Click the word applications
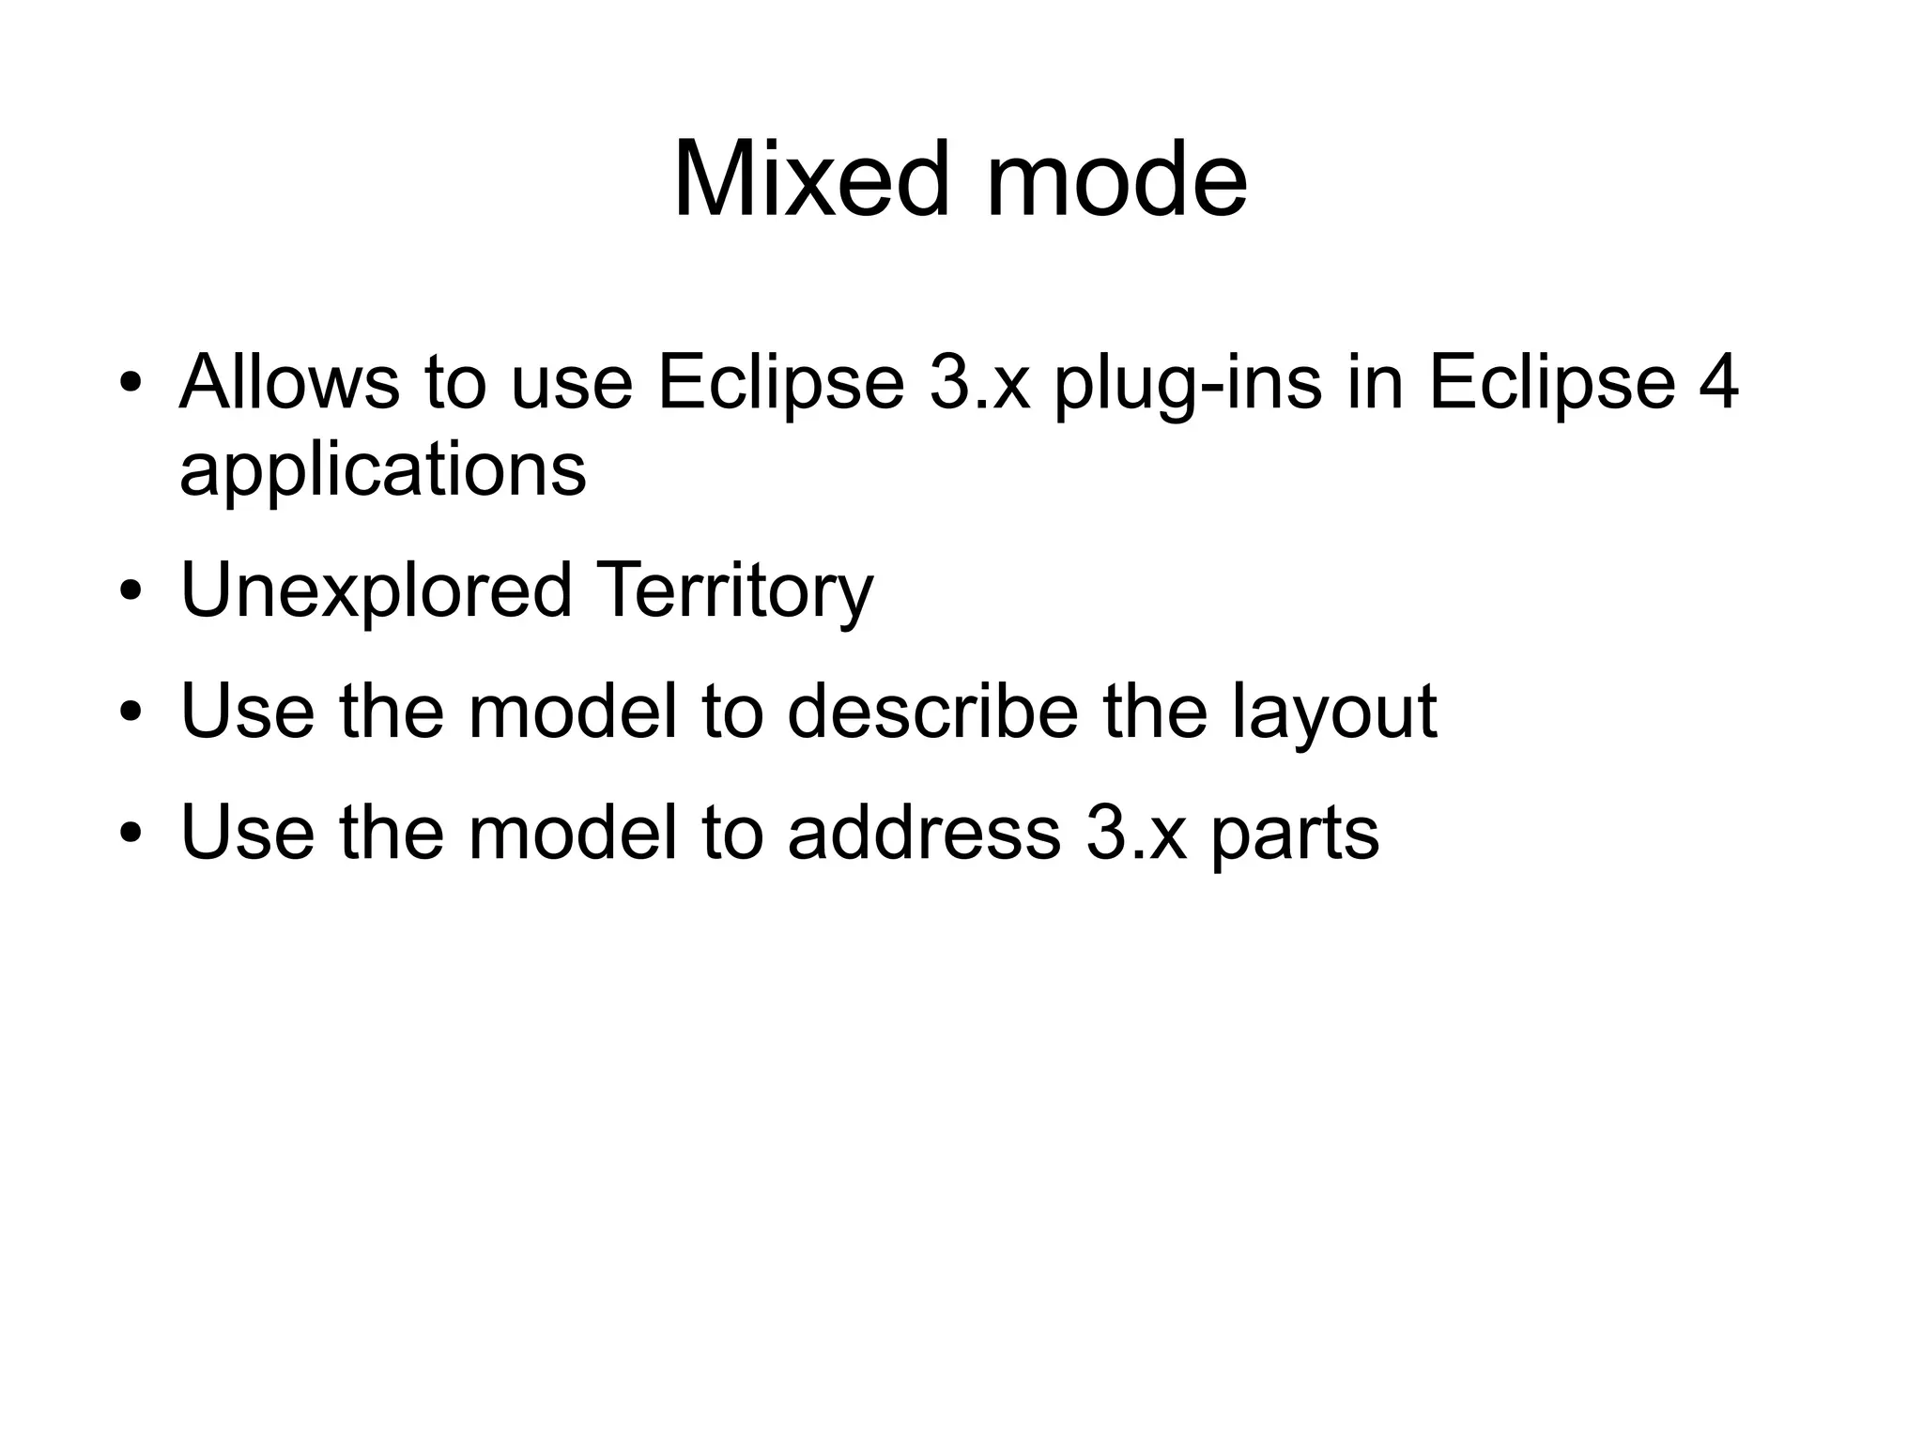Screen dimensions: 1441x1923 pyautogui.click(x=382, y=471)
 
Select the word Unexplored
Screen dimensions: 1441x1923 pyautogui.click(x=376, y=591)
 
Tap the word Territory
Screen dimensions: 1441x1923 pyautogui.click(x=734, y=591)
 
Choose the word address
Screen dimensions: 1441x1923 pyautogui.click(x=924, y=832)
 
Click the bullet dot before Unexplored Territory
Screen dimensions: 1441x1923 pyautogui.click(x=131, y=593)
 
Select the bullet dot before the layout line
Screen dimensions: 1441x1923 pyautogui.click(x=131, y=713)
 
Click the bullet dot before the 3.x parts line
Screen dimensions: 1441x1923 pyautogui.click(x=131, y=834)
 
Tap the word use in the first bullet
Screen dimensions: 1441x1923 pyautogui.click(x=571, y=384)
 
